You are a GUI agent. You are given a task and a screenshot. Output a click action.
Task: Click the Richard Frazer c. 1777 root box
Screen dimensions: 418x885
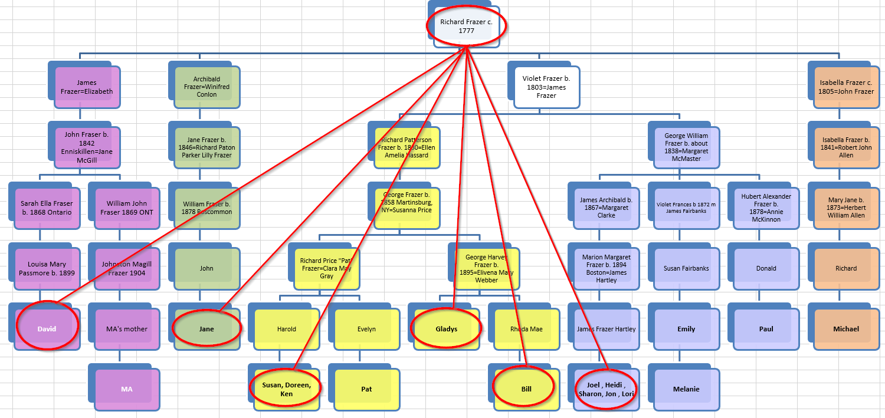466,26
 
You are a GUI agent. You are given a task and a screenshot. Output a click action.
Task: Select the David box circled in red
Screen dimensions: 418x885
47,329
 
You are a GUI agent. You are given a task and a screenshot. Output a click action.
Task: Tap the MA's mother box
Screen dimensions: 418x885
127,329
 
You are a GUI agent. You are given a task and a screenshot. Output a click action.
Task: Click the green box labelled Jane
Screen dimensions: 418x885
206,329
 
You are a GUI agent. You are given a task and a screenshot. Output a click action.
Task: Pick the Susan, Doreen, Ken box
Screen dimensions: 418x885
287,389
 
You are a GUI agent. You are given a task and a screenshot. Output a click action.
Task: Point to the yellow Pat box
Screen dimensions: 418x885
366,389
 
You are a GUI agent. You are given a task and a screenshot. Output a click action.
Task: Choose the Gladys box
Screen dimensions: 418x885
446,329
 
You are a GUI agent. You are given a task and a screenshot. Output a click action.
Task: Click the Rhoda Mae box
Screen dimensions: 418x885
526,329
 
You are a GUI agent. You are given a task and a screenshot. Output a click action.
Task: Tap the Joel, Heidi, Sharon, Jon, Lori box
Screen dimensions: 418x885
606,389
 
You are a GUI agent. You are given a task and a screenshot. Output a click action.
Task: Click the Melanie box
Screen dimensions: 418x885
686,389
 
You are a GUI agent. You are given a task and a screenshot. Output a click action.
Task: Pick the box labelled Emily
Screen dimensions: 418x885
686,329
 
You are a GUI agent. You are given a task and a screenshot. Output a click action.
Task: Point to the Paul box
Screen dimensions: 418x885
766,329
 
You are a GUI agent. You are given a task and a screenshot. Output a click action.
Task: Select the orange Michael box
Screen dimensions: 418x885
846,329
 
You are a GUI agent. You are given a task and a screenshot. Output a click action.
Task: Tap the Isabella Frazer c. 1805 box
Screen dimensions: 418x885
846,87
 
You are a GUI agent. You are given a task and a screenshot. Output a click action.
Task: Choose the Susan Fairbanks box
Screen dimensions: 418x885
686,268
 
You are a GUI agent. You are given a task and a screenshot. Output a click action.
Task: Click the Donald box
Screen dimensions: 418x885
766,268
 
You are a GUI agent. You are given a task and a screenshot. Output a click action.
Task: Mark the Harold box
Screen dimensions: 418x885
287,329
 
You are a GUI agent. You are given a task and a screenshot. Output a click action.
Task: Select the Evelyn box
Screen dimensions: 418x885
366,329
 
